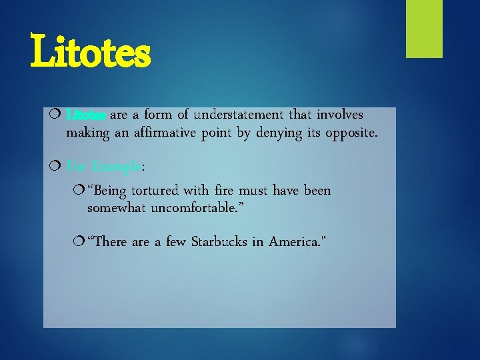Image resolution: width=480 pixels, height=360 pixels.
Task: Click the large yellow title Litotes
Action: [x=91, y=54]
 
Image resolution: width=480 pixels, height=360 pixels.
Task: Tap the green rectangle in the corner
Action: [x=425, y=29]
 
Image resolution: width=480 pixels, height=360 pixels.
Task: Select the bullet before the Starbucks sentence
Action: [x=81, y=241]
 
